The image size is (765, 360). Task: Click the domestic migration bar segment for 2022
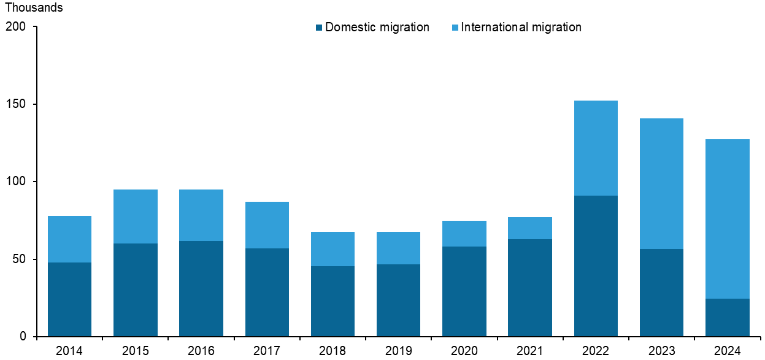point(596,266)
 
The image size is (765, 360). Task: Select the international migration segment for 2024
point(728,219)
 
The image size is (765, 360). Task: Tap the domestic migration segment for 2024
point(728,317)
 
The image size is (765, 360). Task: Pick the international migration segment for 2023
point(661,183)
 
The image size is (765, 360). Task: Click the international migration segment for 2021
point(530,228)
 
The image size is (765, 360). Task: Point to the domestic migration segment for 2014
point(69,299)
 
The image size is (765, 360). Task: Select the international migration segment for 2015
point(135,216)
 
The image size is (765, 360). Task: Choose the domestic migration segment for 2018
point(333,301)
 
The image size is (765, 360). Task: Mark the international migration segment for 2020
point(464,234)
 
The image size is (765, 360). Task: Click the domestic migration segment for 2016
point(201,288)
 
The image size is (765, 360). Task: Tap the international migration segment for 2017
point(267,225)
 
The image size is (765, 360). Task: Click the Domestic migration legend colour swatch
point(319,28)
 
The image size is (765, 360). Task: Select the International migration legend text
point(521,27)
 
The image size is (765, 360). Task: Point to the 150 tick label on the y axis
point(17,104)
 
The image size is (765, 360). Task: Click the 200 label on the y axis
point(17,27)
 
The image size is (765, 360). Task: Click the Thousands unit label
point(34,9)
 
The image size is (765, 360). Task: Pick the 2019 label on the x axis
point(398,351)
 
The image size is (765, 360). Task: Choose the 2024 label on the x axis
point(728,351)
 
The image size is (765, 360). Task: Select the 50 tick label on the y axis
point(20,259)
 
